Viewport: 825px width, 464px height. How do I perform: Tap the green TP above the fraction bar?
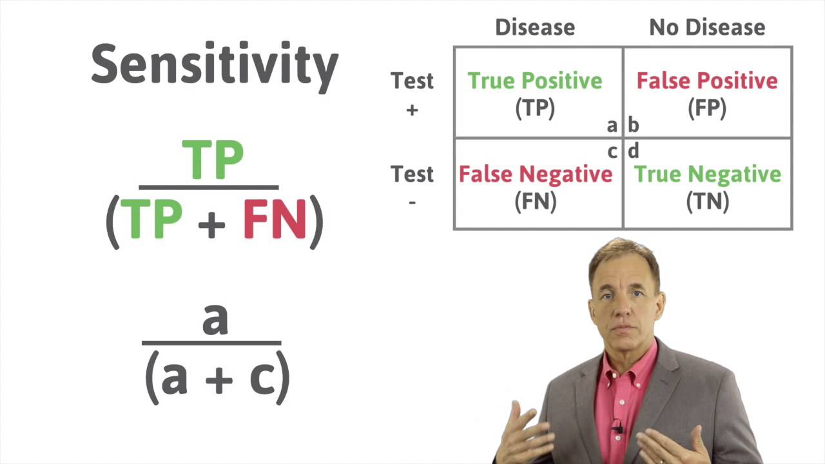coord(213,160)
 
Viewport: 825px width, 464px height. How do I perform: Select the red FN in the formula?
coord(275,220)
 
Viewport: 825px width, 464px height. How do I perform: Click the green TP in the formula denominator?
coord(151,220)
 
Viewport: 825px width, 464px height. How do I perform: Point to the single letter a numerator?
coord(215,319)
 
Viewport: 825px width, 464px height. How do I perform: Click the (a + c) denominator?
coord(217,378)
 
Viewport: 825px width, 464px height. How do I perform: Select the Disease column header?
coord(534,27)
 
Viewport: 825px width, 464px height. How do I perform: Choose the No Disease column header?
coord(707,27)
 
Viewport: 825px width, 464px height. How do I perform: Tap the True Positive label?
coord(535,81)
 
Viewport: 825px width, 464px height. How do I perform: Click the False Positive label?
coord(707,81)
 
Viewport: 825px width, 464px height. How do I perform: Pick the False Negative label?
coord(535,174)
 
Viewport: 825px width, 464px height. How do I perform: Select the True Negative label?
coord(707,174)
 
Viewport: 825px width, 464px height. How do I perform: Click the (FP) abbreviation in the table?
coord(707,109)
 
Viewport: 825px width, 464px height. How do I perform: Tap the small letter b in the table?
coord(633,125)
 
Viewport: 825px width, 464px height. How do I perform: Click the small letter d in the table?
coord(633,151)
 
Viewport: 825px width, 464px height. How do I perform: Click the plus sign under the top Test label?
coord(412,110)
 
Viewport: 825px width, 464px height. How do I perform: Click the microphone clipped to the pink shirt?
coord(617,427)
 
